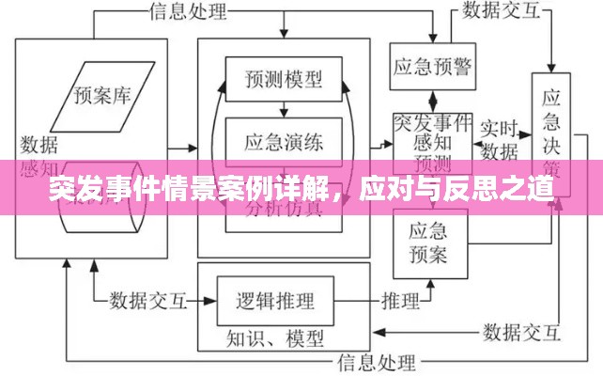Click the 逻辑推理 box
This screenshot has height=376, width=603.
pyautogui.click(x=274, y=301)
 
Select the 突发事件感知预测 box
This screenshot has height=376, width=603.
pyautogui.click(x=432, y=141)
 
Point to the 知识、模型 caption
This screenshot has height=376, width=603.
pyautogui.click(x=274, y=336)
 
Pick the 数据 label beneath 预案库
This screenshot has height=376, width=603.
pyautogui.click(x=38, y=144)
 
